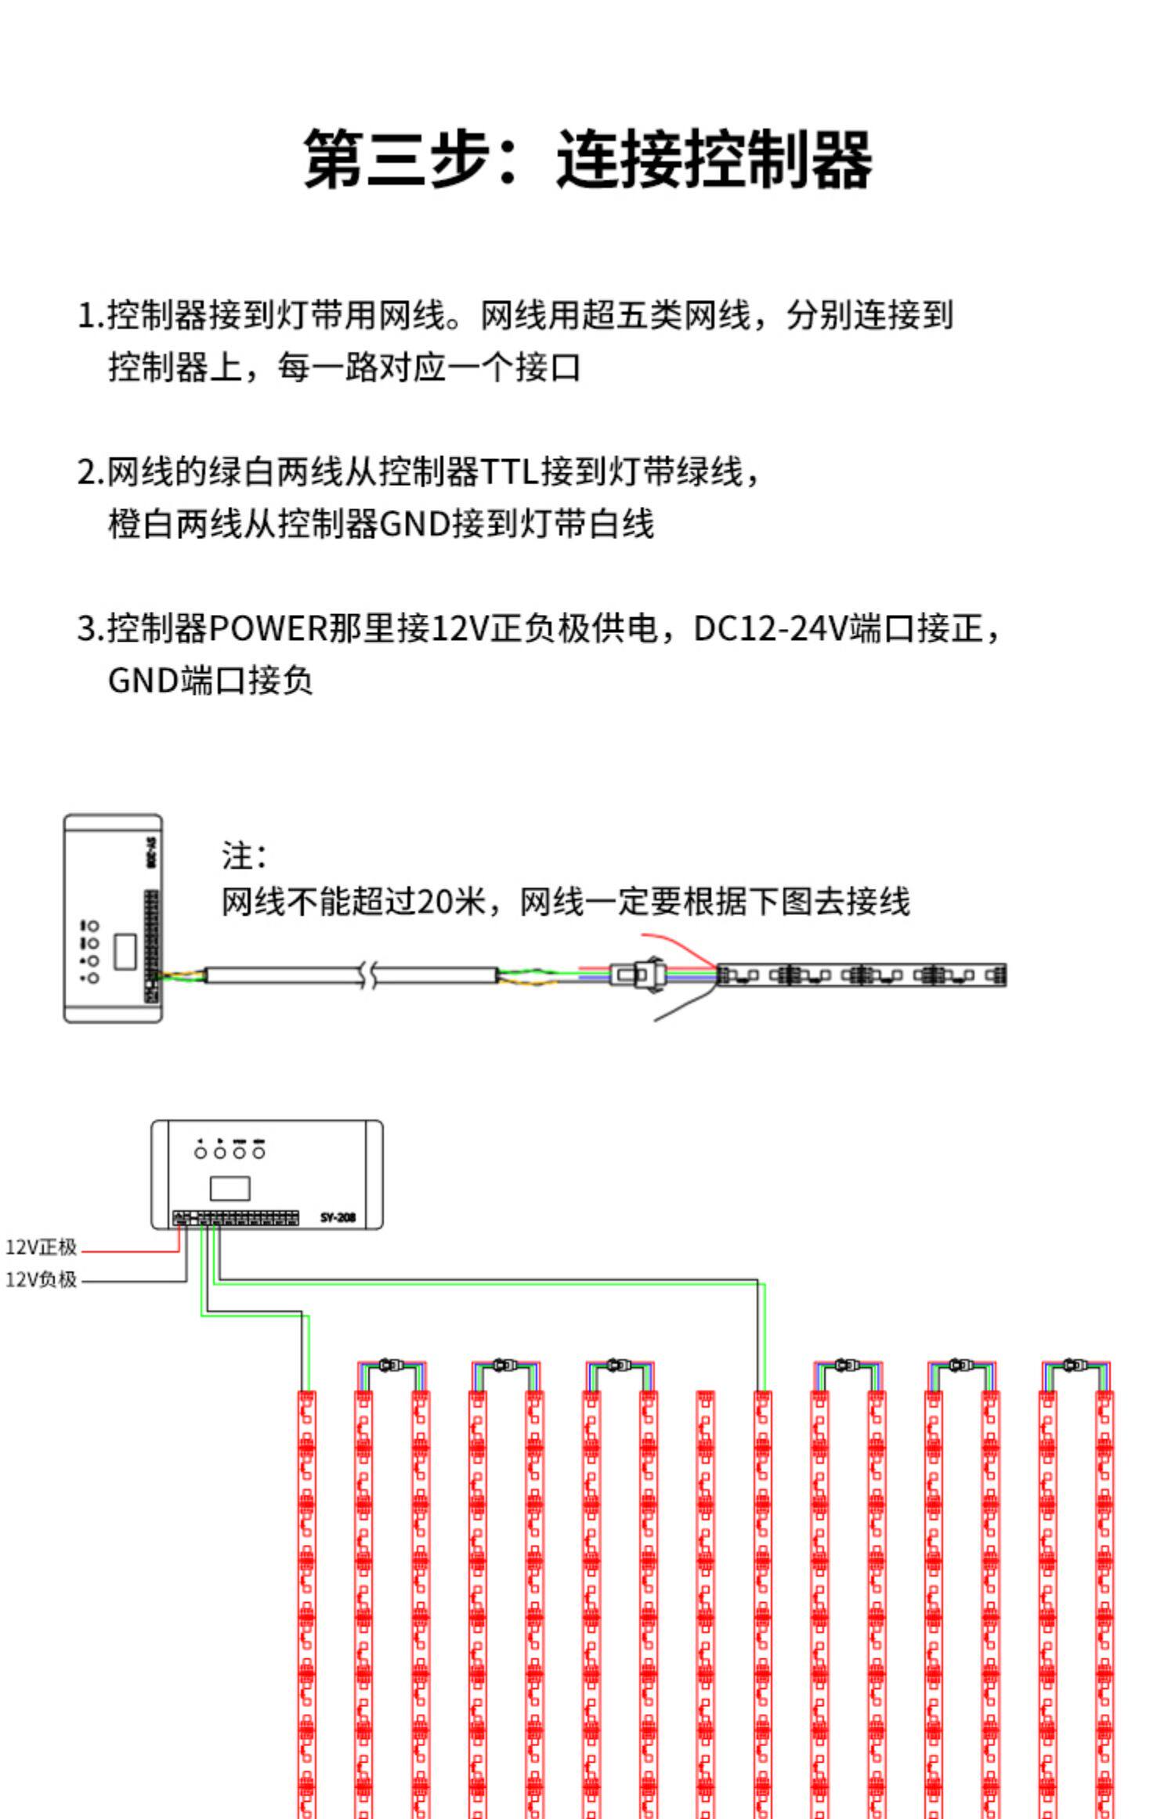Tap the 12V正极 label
41,1246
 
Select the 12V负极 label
41,1279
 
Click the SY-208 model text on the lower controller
338,1217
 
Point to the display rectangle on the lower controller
230,1188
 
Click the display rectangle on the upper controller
125,951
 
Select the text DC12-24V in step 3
771,628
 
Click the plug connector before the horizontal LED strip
638,975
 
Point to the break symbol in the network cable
367,975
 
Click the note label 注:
244,856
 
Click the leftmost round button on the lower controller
201,1152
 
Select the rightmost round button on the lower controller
258,1152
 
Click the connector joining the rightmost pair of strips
1075,1365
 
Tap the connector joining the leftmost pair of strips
391,1365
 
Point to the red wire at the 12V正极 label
129,1251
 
